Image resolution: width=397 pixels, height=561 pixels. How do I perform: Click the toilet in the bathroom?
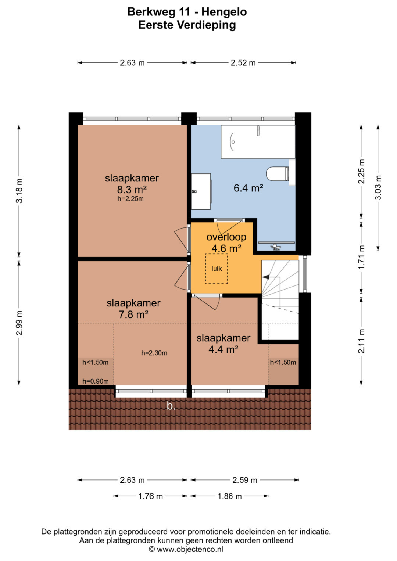[x=278, y=173]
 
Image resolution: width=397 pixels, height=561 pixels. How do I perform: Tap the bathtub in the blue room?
[x=258, y=142]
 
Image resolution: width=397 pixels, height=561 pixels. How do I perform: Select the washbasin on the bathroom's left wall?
[x=201, y=191]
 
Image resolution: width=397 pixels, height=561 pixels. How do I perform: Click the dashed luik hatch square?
[x=217, y=269]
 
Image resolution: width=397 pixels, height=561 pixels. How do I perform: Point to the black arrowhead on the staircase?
[x=266, y=277]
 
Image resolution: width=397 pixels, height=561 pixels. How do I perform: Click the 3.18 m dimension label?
[x=19, y=191]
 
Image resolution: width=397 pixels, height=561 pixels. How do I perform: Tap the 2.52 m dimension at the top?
[x=243, y=62]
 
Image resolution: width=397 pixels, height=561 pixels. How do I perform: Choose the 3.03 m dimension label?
[x=378, y=187]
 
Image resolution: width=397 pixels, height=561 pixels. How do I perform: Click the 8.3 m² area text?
[x=132, y=190]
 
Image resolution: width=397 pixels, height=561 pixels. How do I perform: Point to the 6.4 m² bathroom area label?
[x=248, y=188]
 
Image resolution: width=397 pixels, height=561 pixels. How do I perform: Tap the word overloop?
[x=226, y=237]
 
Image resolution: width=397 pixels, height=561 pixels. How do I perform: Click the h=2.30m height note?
[x=154, y=353]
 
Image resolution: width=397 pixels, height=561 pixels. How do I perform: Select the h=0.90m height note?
[x=96, y=381]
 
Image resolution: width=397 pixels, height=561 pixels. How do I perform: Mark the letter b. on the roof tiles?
[x=171, y=406]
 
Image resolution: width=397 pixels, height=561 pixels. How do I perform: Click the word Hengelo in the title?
[x=224, y=12]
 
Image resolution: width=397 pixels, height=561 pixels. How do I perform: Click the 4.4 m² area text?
[x=223, y=349]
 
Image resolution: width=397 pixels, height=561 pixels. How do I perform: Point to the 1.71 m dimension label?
[x=361, y=258]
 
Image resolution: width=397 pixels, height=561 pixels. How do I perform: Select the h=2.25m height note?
[x=130, y=199]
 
